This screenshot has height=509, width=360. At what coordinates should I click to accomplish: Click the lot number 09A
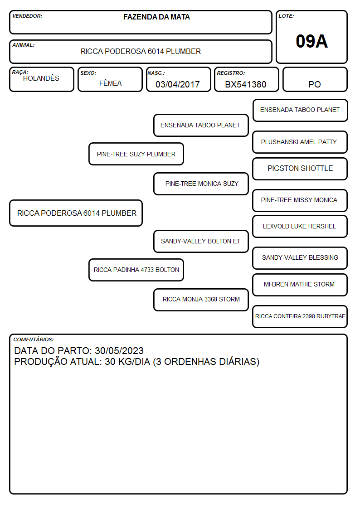(x=311, y=41)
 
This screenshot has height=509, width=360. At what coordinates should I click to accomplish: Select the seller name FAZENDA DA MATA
(x=156, y=17)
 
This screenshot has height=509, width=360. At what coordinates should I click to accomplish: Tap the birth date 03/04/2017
(x=178, y=84)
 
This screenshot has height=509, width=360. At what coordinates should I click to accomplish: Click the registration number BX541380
(x=246, y=84)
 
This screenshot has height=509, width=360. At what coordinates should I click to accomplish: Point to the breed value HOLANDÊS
(x=41, y=78)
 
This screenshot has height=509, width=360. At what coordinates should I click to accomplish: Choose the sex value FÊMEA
(x=110, y=83)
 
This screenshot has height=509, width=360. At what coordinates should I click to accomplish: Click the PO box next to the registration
(x=315, y=79)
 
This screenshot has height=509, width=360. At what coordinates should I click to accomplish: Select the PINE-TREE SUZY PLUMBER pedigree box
(x=136, y=154)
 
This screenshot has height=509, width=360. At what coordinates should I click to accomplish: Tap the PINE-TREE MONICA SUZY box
(x=201, y=184)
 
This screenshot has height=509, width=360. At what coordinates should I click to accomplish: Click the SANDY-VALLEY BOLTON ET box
(x=201, y=241)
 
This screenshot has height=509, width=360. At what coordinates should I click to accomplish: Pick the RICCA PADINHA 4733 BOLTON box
(x=136, y=270)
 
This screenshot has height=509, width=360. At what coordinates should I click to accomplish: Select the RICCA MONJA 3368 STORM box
(x=201, y=300)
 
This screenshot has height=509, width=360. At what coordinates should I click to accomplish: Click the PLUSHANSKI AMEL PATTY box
(x=300, y=142)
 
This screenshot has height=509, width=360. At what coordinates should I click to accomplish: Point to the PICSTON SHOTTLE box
(x=300, y=169)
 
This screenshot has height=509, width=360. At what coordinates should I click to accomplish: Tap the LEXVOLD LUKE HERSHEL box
(x=300, y=226)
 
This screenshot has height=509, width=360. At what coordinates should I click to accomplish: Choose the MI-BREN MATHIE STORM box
(x=300, y=285)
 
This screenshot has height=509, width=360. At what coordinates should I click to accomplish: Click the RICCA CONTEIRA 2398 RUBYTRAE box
(x=300, y=316)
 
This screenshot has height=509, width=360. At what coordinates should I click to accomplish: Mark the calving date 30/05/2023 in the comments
(x=119, y=350)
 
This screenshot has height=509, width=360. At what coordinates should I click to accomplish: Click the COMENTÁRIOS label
(x=34, y=339)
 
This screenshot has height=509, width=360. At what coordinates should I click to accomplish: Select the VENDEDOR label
(x=27, y=16)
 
